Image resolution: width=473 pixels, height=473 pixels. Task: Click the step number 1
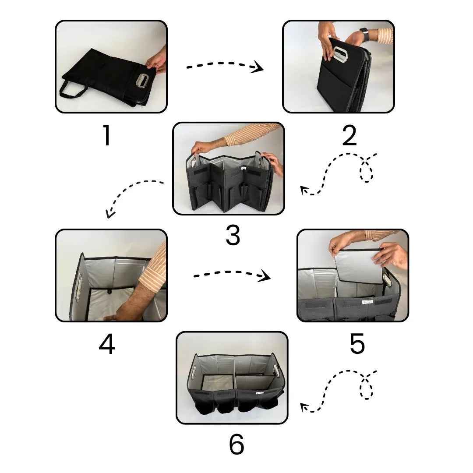(x=106, y=136)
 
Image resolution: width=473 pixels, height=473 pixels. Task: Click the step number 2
(x=349, y=136)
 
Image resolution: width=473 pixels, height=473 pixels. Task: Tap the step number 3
(x=233, y=236)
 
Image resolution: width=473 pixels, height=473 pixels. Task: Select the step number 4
(x=106, y=345)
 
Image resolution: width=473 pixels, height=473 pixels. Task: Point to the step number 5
(x=357, y=344)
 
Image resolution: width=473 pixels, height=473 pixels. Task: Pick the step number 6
(x=236, y=445)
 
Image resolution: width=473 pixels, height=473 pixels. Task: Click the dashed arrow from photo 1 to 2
(x=224, y=65)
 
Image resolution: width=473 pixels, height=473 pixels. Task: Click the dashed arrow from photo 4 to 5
(x=231, y=275)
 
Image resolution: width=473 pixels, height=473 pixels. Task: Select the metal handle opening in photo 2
(x=340, y=55)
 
